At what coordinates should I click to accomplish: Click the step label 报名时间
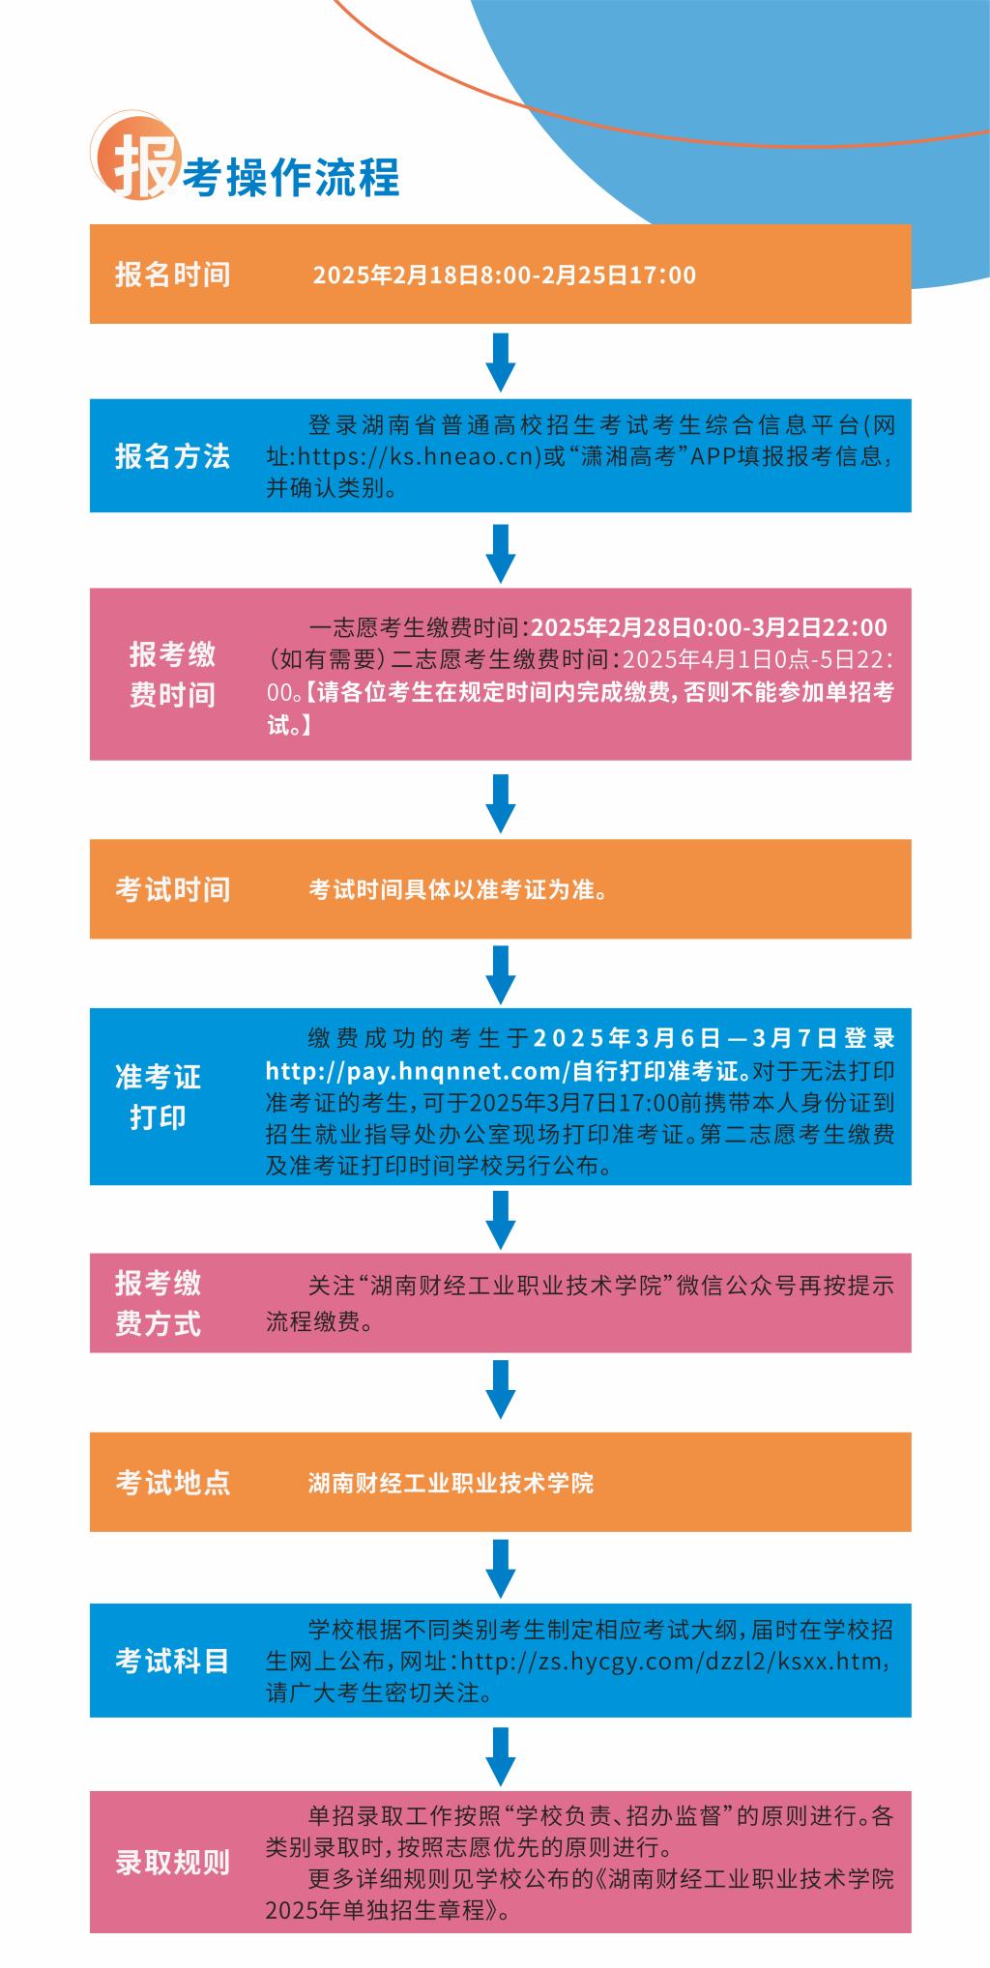tap(173, 275)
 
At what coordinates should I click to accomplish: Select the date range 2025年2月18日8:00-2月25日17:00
tap(504, 275)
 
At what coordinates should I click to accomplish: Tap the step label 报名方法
tap(173, 456)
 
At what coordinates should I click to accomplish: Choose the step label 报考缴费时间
tap(173, 675)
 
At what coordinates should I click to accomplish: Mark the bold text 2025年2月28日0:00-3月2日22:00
tap(709, 628)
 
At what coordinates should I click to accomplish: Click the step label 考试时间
tap(173, 889)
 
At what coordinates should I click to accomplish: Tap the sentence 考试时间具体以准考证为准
tap(452, 889)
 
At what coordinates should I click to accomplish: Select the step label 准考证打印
tap(158, 1097)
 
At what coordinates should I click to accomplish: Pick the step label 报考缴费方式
tap(158, 1303)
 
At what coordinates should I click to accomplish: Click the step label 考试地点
tap(173, 1483)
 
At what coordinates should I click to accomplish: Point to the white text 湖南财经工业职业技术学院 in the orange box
tap(451, 1483)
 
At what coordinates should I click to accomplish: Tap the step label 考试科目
tap(173, 1661)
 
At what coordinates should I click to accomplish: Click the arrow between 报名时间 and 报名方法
tap(501, 362)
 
